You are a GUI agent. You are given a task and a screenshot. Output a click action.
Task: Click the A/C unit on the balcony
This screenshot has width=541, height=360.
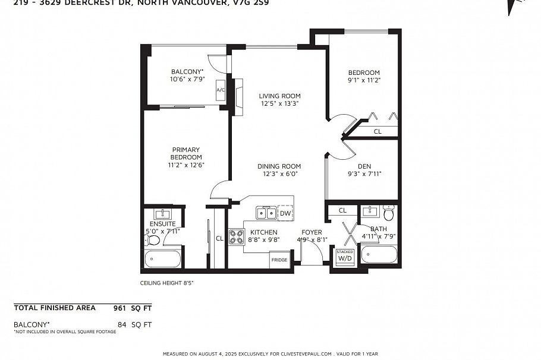(x=220, y=90)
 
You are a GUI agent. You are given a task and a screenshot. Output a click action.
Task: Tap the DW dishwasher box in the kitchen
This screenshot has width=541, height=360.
(x=285, y=213)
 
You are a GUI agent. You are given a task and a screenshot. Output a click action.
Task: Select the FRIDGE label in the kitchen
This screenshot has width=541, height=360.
(x=279, y=260)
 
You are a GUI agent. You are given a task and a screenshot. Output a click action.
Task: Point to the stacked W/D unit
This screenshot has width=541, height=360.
(x=345, y=256)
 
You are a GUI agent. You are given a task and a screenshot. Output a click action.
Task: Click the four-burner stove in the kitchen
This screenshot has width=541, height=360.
(x=237, y=236)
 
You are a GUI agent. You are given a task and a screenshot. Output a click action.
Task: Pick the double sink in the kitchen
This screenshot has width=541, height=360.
(x=266, y=213)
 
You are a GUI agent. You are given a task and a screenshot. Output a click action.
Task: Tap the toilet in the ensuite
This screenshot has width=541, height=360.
(x=152, y=240)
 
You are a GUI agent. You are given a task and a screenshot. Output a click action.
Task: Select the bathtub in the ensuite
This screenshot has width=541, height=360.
(x=163, y=258)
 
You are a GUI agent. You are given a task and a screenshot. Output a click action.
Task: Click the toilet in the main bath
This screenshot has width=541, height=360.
(x=389, y=212)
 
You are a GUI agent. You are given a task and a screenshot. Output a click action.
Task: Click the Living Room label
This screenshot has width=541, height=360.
(x=279, y=96)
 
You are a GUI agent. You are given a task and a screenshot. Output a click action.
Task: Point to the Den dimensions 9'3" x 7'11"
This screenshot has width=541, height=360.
(x=364, y=174)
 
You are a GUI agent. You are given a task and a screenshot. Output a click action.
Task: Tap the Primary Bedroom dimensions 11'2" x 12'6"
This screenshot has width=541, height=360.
(x=186, y=165)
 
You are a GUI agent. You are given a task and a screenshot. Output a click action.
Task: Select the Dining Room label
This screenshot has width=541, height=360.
(x=279, y=166)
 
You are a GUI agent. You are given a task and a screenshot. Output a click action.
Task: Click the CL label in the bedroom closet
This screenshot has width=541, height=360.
(x=378, y=132)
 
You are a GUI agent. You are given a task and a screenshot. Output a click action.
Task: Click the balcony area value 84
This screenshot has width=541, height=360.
(x=123, y=324)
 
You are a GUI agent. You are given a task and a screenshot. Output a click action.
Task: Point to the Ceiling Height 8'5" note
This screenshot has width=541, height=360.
(x=166, y=283)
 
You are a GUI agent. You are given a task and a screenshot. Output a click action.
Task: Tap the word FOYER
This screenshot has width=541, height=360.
(x=312, y=232)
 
